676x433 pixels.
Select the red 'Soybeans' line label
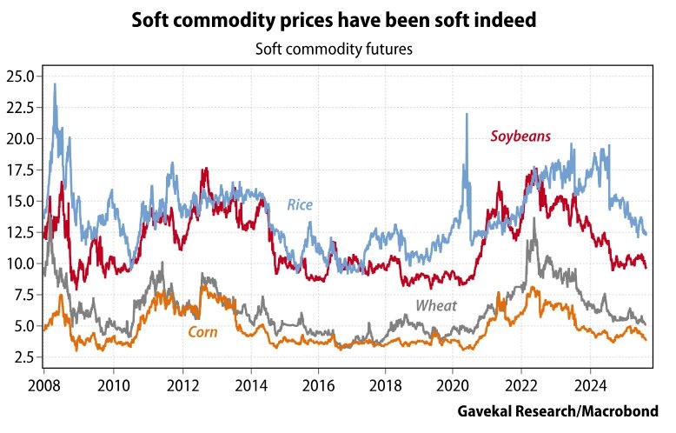click(x=520, y=136)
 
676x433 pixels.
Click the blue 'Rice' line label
click(x=300, y=205)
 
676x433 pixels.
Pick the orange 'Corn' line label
click(x=202, y=331)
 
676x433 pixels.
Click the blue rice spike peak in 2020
click(x=467, y=114)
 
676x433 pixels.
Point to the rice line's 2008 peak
click(x=55, y=84)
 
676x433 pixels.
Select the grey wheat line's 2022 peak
click(x=534, y=219)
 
